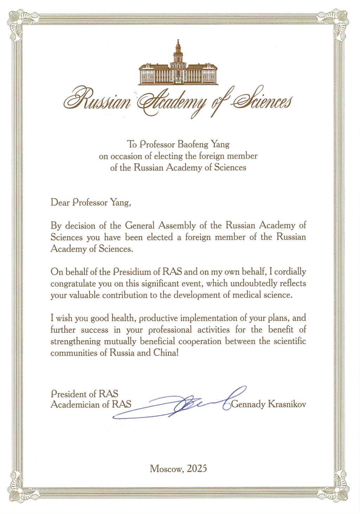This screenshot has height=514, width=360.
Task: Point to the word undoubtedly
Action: [x=258, y=283]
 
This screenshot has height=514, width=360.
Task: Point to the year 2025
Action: [x=197, y=468]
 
